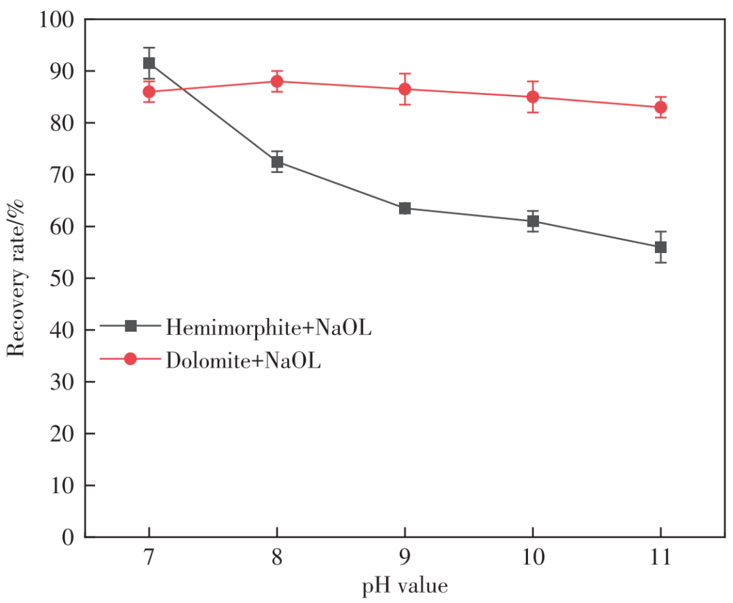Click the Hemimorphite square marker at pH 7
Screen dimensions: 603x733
(149, 63)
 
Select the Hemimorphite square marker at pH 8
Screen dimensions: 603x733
(277, 162)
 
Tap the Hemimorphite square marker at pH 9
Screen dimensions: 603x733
(405, 208)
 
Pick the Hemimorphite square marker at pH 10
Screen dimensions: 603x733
(533, 221)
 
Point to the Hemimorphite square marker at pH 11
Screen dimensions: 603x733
(660, 247)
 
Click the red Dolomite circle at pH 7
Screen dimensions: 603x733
(149, 92)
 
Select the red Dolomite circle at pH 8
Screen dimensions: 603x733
(277, 81)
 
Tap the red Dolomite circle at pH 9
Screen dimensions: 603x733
(405, 89)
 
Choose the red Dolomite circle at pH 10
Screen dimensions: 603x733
(533, 97)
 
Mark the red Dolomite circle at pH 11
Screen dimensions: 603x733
(660, 107)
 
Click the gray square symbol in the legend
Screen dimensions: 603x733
(131, 326)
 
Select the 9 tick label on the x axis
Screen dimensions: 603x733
(405, 558)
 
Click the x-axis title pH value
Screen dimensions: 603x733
(405, 585)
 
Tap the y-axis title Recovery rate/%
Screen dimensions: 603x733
(16, 278)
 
